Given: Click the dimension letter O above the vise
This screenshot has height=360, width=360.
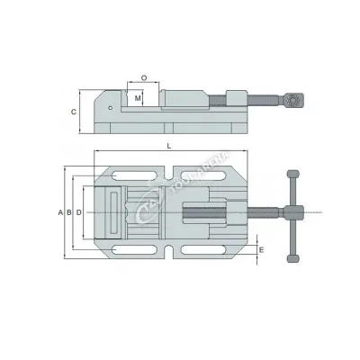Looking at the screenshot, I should point(144,78).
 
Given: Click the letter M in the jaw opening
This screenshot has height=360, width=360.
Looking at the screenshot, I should point(138,96).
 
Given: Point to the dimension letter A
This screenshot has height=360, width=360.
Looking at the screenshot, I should point(60,211).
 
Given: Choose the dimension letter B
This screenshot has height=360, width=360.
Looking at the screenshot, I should point(69,211).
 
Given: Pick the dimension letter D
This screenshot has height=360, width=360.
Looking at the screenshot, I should point(79,211).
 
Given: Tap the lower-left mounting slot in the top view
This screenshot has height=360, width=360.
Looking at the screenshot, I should point(125,249).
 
